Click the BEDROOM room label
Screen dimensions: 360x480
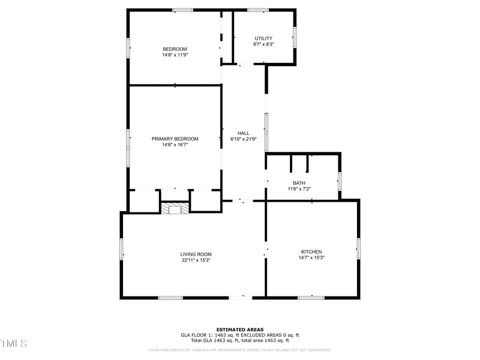(175, 49)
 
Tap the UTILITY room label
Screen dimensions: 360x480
(263, 38)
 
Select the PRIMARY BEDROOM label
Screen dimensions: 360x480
(175, 139)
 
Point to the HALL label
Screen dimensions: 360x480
(243, 133)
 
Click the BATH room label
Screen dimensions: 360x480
(299, 183)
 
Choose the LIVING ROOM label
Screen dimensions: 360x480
(196, 254)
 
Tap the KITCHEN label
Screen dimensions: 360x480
(311, 251)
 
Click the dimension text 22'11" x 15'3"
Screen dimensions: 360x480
(196, 260)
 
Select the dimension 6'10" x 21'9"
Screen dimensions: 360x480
(243, 139)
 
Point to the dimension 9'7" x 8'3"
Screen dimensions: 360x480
(263, 44)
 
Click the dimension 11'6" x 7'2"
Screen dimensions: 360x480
(299, 189)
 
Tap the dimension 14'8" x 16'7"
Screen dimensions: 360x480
(175, 145)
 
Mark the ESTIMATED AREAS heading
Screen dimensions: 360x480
(239, 329)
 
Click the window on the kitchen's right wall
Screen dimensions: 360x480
(358, 248)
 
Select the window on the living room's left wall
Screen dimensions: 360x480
(121, 248)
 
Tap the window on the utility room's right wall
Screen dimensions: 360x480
(295, 37)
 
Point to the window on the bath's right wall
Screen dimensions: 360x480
(340, 181)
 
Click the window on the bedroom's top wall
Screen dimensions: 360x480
(183, 10)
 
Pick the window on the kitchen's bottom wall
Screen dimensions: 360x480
(311, 297)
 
